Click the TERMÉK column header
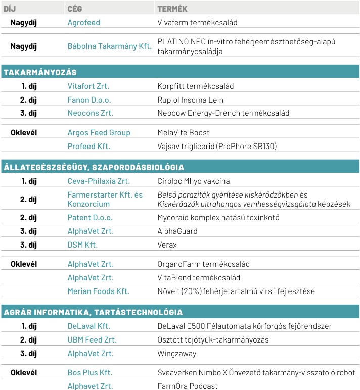click(x=172, y=9)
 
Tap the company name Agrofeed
click(x=83, y=23)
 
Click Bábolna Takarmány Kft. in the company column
click(x=110, y=46)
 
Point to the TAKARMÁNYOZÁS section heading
click(x=40, y=72)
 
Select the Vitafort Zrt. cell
click(x=88, y=86)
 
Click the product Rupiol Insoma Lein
click(x=191, y=100)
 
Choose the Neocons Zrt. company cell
click(x=91, y=113)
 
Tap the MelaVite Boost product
click(x=184, y=133)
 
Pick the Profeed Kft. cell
click(x=89, y=147)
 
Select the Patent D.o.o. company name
click(x=91, y=218)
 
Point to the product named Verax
click(x=167, y=245)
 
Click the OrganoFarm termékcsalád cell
click(x=204, y=264)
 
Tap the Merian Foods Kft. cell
click(x=99, y=291)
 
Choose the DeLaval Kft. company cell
click(x=89, y=326)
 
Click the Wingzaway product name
click(x=177, y=353)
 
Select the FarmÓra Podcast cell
click(x=188, y=386)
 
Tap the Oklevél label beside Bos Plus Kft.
click(x=24, y=373)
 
